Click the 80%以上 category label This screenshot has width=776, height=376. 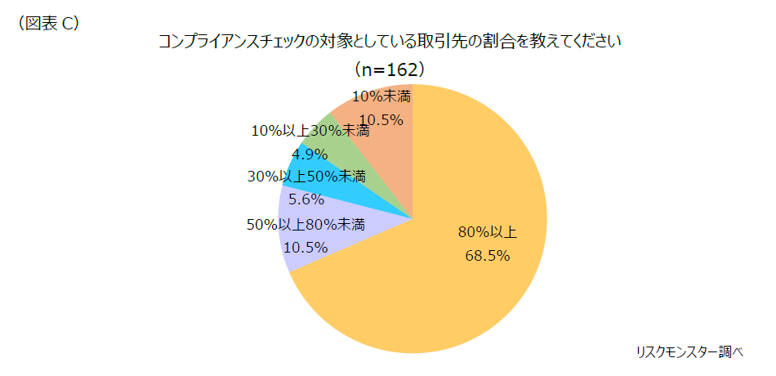488,231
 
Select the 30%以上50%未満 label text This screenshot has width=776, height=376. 306,176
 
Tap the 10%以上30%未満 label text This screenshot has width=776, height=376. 310,130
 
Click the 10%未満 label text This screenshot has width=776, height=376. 381,96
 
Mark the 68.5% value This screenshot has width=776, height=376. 488,256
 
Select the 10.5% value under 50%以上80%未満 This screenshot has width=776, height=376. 305,247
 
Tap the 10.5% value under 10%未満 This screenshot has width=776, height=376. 381,120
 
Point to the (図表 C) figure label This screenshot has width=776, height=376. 48,24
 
